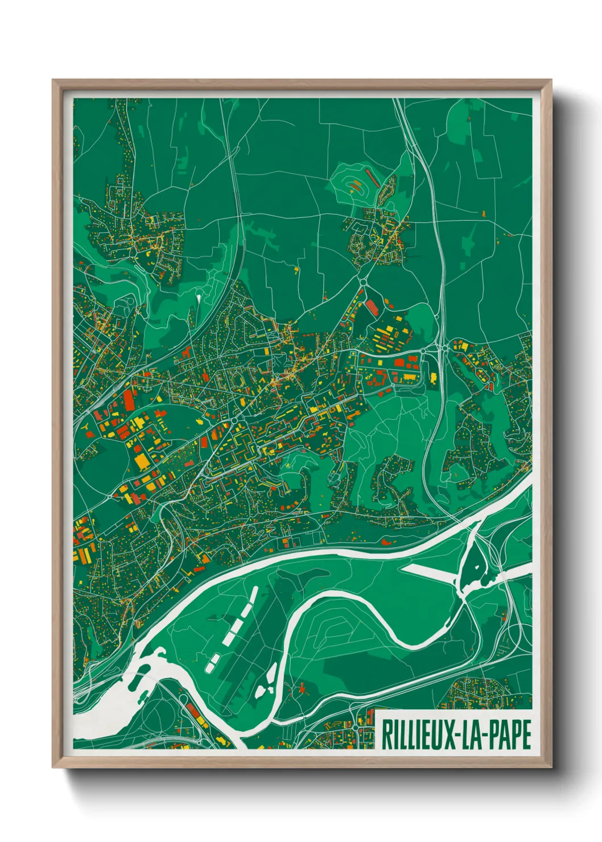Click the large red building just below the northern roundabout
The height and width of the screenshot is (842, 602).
pos(372,308)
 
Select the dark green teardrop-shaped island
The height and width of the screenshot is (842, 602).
pos(472,567)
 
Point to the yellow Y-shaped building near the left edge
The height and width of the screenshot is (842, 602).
pos(84,425)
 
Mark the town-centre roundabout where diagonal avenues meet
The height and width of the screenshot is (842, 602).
pos(234,420)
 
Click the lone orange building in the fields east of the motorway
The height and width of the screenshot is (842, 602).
pos(484,213)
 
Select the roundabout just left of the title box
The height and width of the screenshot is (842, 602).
pos(356,728)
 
